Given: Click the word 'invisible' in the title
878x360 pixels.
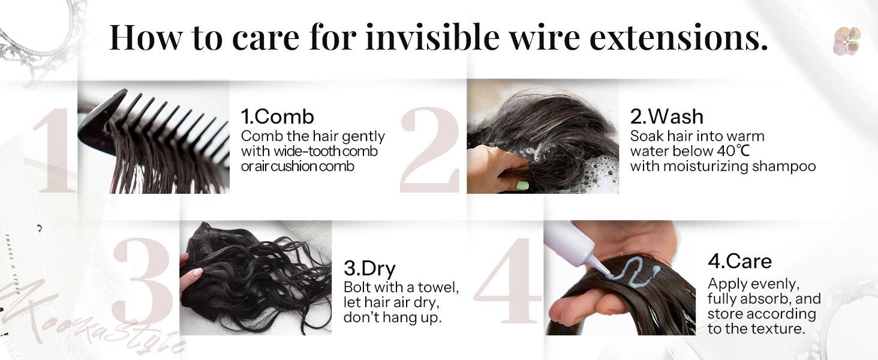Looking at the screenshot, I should [432, 37].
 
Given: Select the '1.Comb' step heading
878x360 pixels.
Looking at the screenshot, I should [277, 116].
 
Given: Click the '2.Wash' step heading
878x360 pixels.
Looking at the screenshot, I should [666, 116].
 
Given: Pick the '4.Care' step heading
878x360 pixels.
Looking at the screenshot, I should [739, 261].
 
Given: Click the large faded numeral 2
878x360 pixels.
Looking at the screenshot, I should [431, 150].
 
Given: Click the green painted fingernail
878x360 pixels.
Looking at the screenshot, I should [522, 185].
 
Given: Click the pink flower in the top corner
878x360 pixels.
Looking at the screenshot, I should [847, 41].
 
